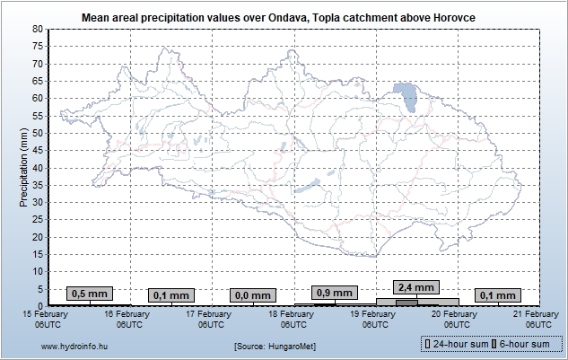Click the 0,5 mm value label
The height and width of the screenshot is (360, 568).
(89, 294)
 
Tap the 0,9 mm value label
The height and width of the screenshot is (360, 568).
(334, 292)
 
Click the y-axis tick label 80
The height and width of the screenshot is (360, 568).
(38, 29)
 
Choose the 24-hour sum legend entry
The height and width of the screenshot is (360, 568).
(453, 344)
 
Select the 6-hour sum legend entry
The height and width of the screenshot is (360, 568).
(522, 344)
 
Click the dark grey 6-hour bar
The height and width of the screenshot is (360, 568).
(406, 303)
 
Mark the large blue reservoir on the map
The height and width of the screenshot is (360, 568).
(405, 95)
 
